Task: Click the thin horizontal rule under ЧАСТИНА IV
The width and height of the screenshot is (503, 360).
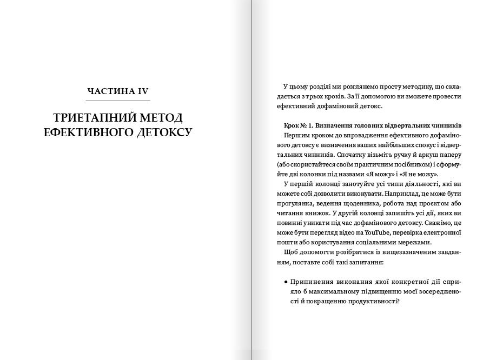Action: (x=118, y=101)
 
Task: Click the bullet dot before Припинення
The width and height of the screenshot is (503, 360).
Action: (x=285, y=282)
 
